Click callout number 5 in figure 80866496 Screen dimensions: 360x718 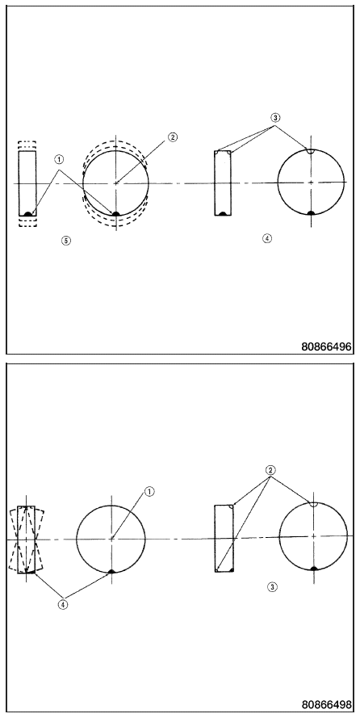point(66,240)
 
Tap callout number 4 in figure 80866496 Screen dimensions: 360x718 point(267,238)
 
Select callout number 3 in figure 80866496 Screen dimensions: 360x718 point(275,117)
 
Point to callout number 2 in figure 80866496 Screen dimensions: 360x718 point(172,137)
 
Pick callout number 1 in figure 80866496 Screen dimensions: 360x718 point(60,159)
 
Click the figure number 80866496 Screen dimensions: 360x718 point(326,346)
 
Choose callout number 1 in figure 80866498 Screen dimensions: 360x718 point(149,491)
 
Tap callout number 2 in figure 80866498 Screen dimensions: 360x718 point(270,470)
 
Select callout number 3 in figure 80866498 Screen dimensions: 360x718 point(272,586)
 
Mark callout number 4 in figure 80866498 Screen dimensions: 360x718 point(63,604)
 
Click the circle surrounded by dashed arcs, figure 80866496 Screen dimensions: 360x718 point(83,183)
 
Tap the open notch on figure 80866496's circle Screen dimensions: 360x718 point(311,152)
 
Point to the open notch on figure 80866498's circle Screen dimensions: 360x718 point(313,505)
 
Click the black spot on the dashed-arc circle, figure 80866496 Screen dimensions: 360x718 point(116,213)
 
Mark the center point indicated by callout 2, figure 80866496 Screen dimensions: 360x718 point(116,183)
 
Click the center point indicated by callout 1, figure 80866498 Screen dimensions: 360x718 point(111,539)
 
